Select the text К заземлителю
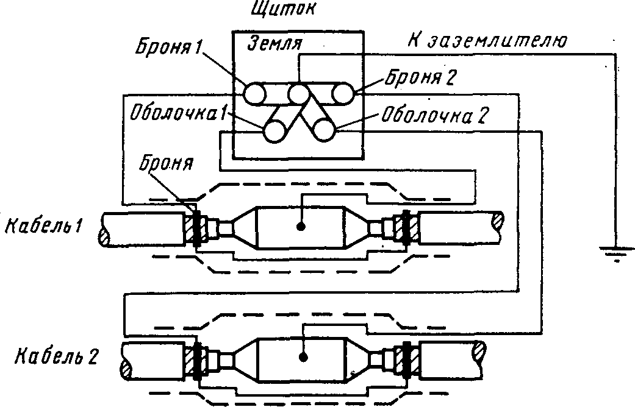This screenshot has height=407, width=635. coord(487,41)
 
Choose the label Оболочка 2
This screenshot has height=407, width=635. coord(432,116)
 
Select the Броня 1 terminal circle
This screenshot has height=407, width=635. coord(255,94)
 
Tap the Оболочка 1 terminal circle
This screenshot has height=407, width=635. coord(274,130)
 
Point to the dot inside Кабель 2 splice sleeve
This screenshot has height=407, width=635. coord(302,356)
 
